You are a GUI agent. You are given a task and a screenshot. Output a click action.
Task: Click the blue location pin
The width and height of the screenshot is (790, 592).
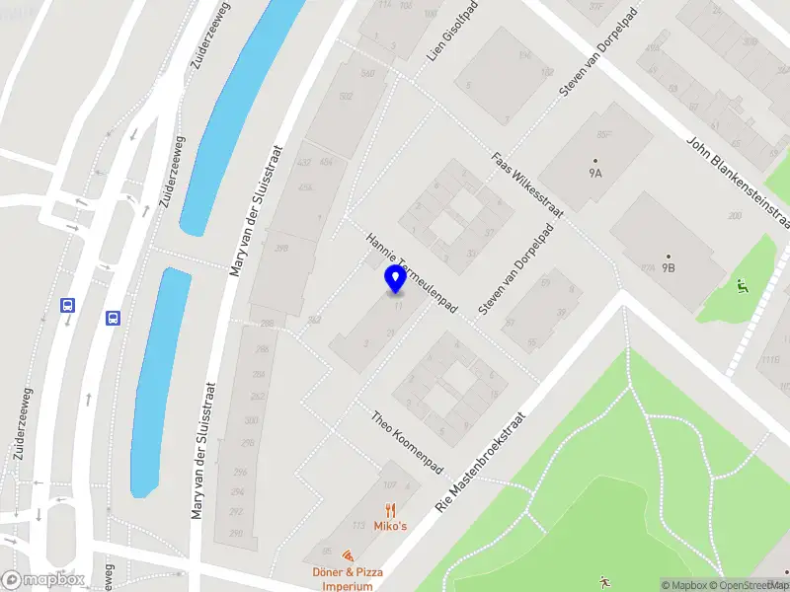pos(395,278)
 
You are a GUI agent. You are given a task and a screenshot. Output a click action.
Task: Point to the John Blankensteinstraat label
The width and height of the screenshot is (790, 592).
pos(739,177)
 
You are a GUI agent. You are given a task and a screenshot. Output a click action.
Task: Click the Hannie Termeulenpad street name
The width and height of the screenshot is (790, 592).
pos(411,274)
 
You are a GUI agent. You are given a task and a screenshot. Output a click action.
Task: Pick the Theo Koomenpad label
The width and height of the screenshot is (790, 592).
pos(407,441)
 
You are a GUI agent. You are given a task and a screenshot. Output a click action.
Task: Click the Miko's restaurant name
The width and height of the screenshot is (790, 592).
pos(391,527)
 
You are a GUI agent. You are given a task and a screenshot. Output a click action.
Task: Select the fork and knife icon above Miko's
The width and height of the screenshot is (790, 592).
pos(391,510)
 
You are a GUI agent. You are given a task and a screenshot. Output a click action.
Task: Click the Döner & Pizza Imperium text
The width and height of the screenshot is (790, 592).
pos(347,579)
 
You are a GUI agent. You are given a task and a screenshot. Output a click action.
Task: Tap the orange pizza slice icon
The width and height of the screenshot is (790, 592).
pos(347,557)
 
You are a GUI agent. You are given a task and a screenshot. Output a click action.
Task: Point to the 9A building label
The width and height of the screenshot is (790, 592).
pos(595,173)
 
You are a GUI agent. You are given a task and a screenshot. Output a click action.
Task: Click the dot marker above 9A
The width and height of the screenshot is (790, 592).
pos(595,160)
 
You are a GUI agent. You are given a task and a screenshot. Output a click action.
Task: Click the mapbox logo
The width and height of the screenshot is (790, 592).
pos(42,580)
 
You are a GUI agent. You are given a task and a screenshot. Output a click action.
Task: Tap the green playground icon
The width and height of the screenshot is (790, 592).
pos(742,286)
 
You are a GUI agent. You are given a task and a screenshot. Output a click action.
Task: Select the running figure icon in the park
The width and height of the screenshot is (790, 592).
pos(603,580)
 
